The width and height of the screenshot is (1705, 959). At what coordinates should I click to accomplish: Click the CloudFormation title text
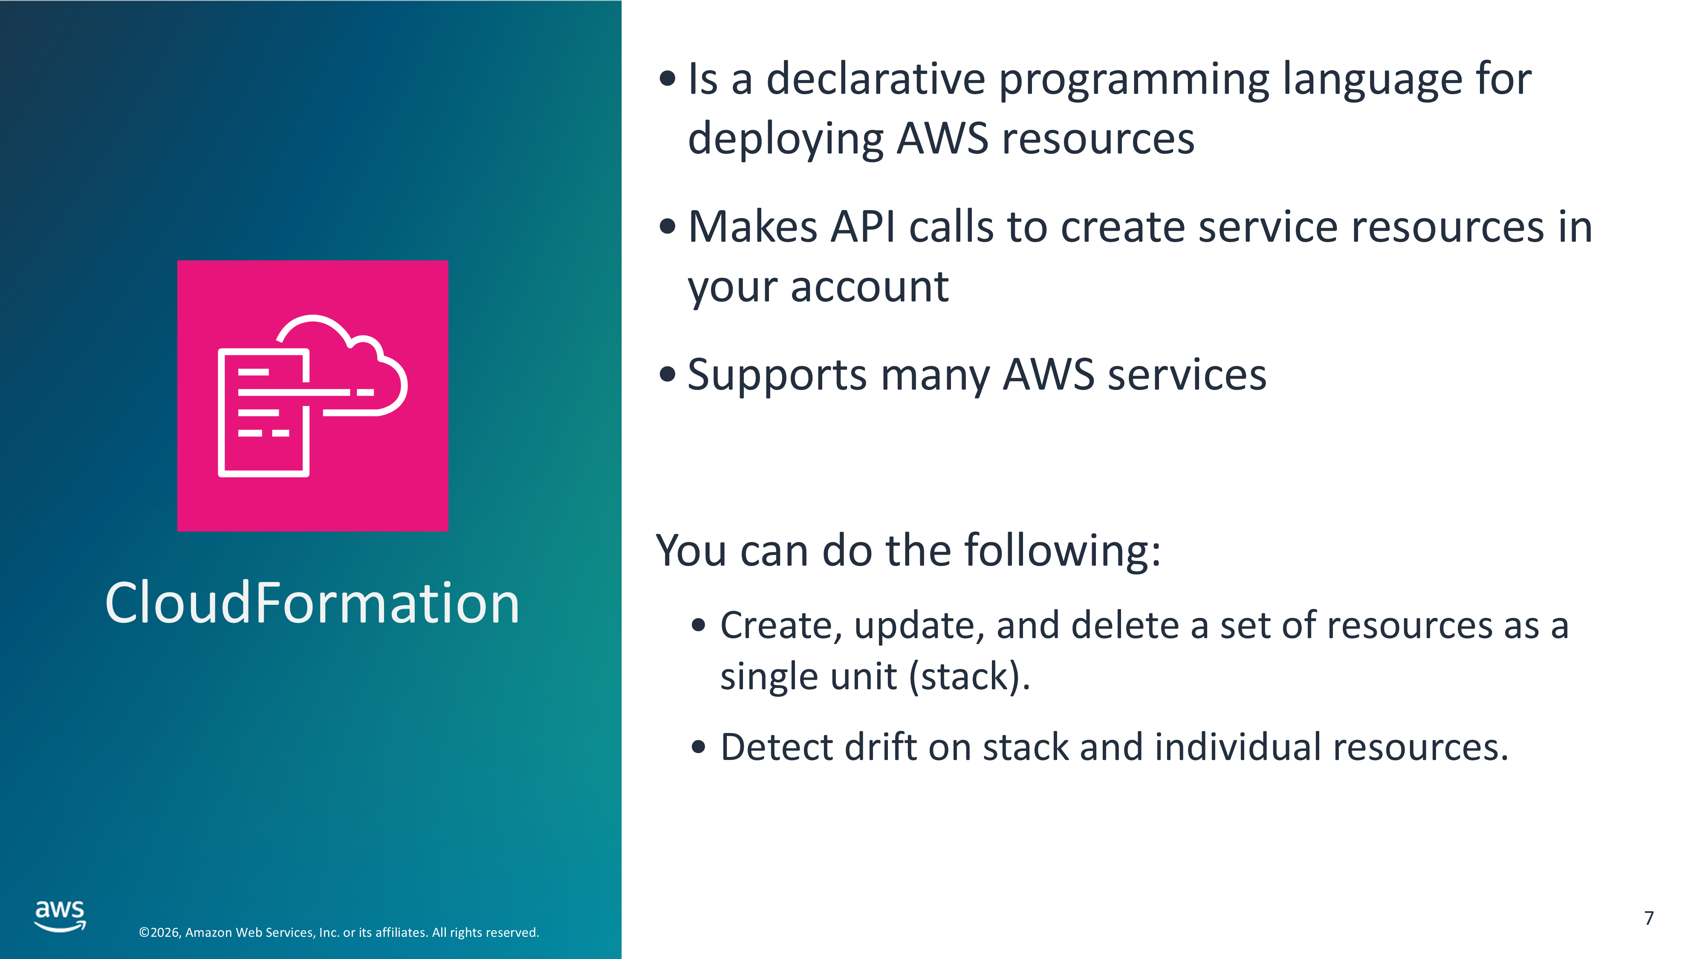(312, 603)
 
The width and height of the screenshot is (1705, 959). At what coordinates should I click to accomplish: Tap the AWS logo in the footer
(60, 916)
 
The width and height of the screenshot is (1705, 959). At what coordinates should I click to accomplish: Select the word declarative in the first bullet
(876, 79)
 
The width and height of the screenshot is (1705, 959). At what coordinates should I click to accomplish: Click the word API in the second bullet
(863, 227)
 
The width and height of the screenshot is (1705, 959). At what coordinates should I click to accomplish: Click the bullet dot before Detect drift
(698, 747)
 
